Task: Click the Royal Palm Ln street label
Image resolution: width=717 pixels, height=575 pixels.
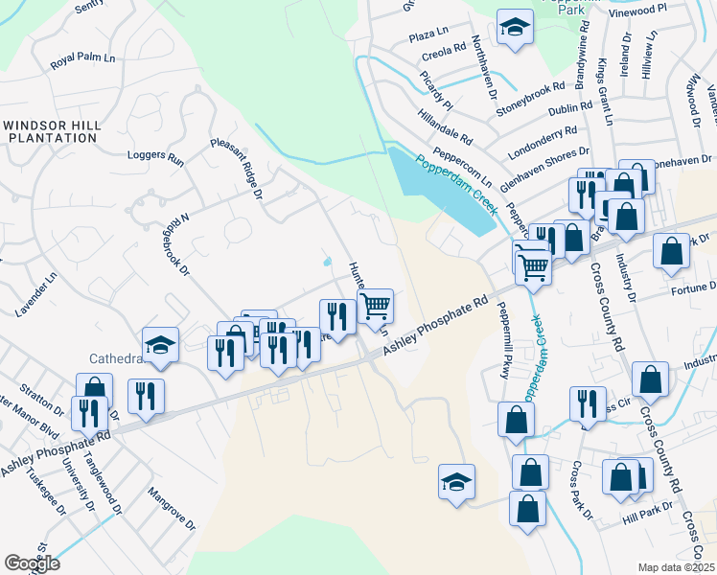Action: tap(82, 60)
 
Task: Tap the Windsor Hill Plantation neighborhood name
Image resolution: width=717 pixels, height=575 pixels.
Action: tap(51, 131)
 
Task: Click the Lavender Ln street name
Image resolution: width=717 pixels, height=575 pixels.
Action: tap(36, 293)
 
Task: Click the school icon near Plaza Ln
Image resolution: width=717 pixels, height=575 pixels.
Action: tap(515, 30)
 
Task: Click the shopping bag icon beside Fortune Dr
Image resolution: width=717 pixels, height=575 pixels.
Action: tap(672, 251)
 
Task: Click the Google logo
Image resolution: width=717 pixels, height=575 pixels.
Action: tap(32, 563)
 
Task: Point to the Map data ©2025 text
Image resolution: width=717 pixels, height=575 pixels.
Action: tap(677, 567)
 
